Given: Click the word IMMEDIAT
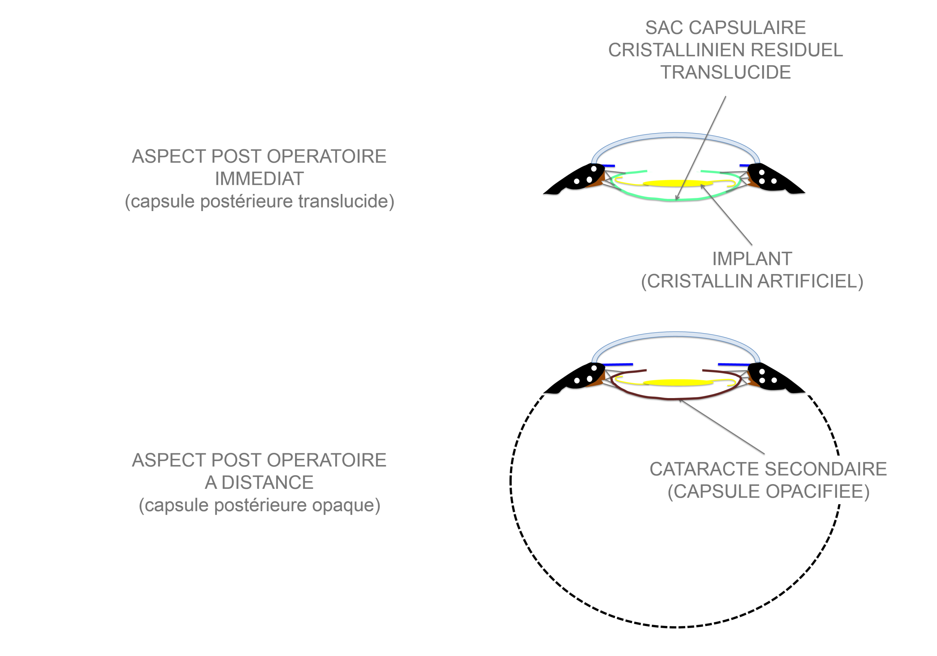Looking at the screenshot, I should pos(259,179).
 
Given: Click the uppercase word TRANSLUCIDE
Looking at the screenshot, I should pos(725,72).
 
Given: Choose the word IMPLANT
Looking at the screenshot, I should pos(752,259).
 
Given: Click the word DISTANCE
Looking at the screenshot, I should pos(267,483).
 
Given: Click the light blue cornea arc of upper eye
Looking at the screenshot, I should pos(675,135).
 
